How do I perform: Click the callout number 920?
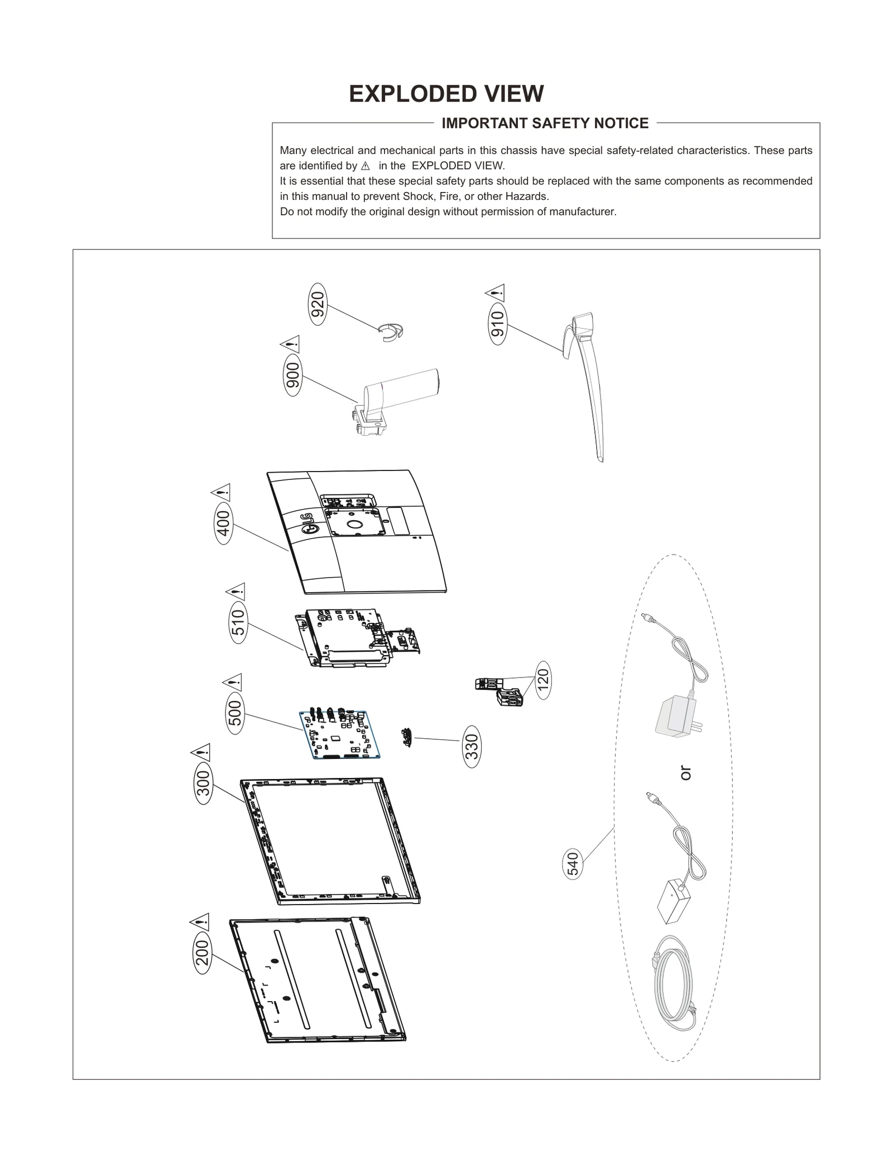point(318,305)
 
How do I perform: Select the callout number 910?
point(497,324)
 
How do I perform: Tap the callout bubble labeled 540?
point(573,865)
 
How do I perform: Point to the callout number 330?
point(472,746)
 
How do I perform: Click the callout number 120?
point(542,680)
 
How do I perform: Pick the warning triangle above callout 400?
point(221,493)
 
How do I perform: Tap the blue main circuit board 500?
point(340,734)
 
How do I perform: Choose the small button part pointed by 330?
point(406,737)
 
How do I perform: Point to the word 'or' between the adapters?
point(686,773)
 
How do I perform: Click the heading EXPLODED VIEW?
point(446,94)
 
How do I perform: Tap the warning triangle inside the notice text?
point(366,166)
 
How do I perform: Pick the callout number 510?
point(238,622)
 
